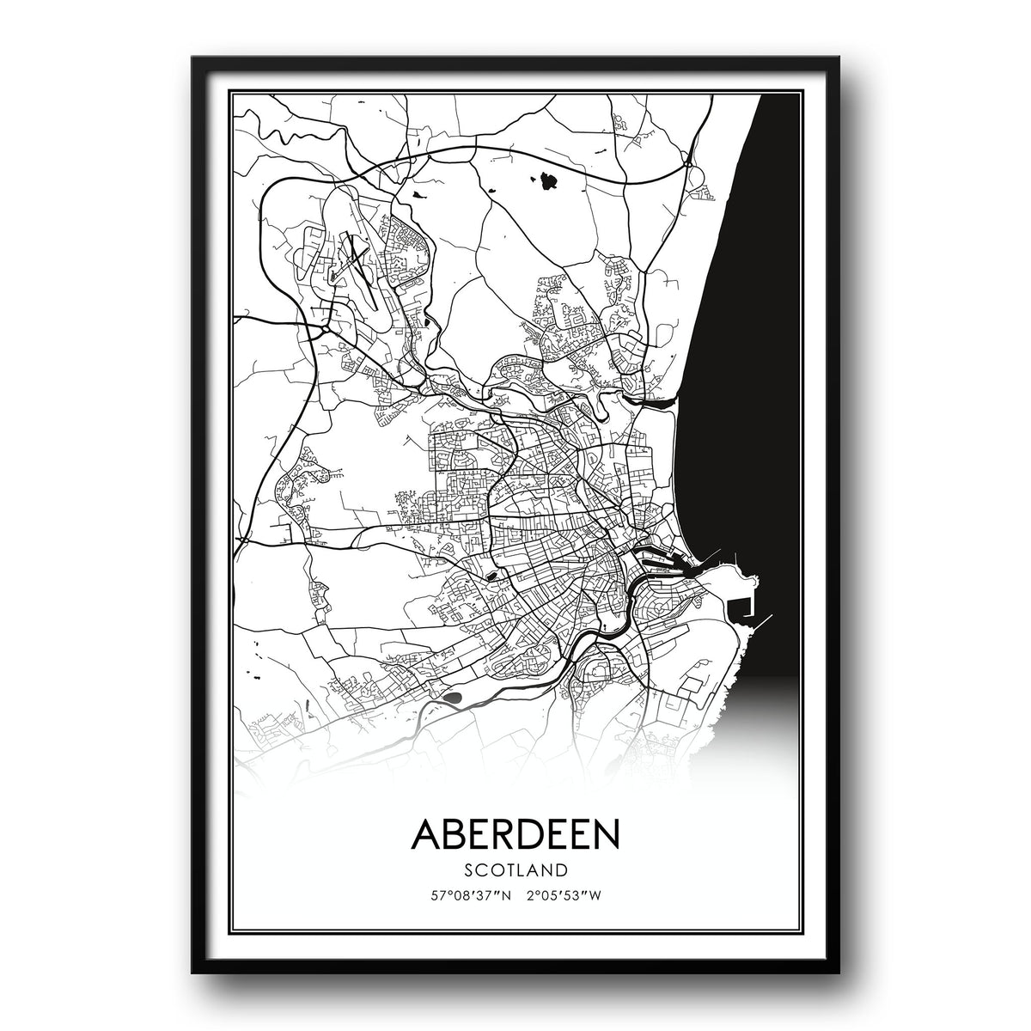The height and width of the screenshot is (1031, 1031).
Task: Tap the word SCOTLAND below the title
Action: click(515, 869)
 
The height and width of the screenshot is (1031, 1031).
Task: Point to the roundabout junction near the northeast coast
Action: click(687, 158)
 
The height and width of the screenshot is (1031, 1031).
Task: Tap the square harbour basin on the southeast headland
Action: click(739, 607)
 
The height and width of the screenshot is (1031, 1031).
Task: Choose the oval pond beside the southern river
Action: click(453, 698)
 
